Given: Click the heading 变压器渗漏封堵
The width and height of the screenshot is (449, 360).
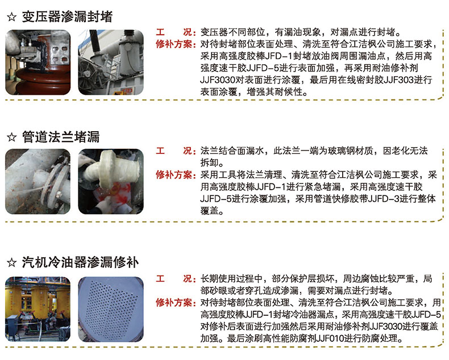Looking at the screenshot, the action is tap(67, 16).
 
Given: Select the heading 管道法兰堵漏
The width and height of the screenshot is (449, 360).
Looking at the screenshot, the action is tap(61, 137).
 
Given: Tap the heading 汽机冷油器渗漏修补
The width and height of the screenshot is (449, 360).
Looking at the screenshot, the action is tap(80, 262).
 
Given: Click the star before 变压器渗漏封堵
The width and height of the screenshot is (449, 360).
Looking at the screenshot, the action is tap(12, 17).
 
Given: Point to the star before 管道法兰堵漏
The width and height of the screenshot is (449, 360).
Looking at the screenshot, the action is tap(12, 137).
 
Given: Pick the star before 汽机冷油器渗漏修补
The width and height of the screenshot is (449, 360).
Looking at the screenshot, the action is tap(12, 262).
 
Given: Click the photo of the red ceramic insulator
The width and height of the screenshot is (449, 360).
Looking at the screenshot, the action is tap(38, 62).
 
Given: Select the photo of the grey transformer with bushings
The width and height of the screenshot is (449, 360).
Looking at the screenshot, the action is tap(111, 62).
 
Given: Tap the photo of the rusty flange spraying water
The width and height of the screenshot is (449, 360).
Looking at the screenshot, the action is tap(38, 182).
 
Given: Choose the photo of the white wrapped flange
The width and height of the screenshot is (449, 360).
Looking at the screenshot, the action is tap(111, 182).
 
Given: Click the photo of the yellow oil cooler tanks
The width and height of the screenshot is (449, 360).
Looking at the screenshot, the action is tap(38, 309).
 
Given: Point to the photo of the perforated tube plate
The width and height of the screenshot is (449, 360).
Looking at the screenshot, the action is tap(111, 309).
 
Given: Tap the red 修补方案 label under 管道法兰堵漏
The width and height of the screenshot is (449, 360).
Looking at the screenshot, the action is tap(174, 174).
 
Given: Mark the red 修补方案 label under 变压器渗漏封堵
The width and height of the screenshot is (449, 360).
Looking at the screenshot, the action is tap(174, 44).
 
